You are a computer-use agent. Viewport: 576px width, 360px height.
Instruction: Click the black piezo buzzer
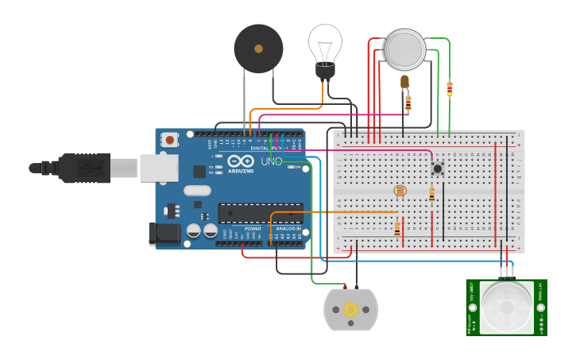pos(258,48)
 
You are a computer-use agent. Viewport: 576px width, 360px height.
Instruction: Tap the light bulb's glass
pos(325,41)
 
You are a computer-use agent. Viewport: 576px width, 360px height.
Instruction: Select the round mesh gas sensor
pos(405,48)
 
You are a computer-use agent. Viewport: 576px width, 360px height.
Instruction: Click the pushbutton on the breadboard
pos(437,168)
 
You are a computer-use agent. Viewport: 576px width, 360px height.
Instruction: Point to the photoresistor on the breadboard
pos(400,191)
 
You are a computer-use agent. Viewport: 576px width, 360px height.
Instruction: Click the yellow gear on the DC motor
pos(350,309)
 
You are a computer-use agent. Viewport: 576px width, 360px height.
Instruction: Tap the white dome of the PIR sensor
pos(506,307)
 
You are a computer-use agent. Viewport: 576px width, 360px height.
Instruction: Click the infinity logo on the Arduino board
pos(236,161)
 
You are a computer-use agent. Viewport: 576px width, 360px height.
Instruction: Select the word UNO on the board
pos(272,161)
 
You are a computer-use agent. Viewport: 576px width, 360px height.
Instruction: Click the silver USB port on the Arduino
pos(159,168)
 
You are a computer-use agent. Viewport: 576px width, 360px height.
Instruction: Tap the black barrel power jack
pos(164,234)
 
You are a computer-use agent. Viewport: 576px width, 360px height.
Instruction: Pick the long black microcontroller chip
pos(260,213)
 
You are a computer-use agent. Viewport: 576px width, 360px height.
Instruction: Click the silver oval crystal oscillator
pos(197,191)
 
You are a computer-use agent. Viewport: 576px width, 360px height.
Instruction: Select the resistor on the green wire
pos(450,89)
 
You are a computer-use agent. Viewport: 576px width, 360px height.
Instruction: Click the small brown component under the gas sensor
pos(404,81)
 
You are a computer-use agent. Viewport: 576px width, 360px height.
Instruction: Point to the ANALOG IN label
pos(288,229)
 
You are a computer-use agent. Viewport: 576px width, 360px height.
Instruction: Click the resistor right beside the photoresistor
pos(431,194)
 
